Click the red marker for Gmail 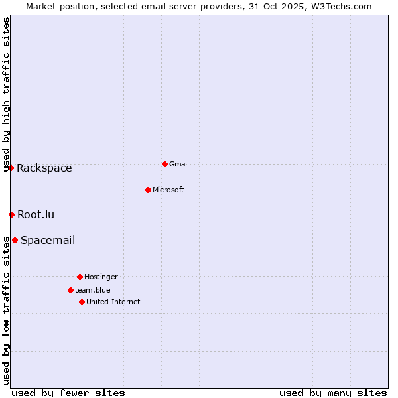165,164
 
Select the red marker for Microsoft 149,190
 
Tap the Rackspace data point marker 11,168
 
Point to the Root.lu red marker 12,214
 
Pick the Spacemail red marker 15,240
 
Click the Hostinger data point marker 80,277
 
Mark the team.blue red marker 70,290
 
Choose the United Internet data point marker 82,302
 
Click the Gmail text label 179,164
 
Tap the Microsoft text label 168,190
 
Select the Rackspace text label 44,168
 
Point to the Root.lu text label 36,214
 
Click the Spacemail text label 48,240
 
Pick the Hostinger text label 101,277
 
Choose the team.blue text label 93,290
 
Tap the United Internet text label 113,302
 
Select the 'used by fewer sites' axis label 68,393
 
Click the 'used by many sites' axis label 333,393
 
